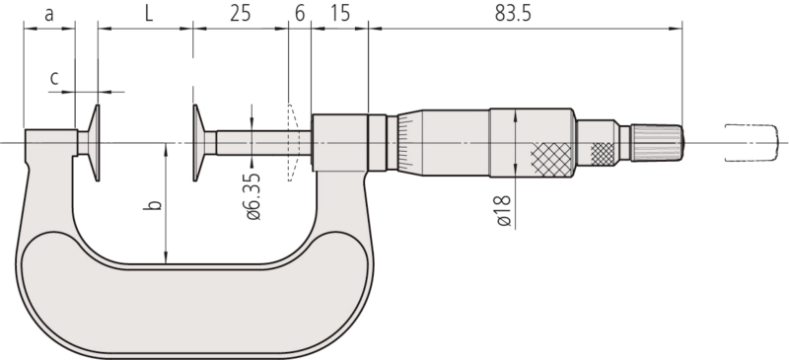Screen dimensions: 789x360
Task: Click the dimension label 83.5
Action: (x=513, y=14)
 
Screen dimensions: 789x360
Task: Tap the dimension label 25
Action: (x=240, y=14)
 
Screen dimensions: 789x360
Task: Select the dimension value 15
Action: (x=340, y=14)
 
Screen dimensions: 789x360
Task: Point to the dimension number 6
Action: (x=300, y=14)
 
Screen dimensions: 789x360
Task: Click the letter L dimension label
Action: (x=149, y=14)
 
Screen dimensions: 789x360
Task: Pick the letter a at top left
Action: (x=48, y=15)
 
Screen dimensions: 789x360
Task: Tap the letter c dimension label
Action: (x=54, y=78)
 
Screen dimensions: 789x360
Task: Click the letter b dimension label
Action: (x=156, y=204)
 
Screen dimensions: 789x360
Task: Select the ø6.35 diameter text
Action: (x=253, y=197)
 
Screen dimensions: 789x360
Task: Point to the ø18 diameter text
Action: (x=504, y=210)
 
